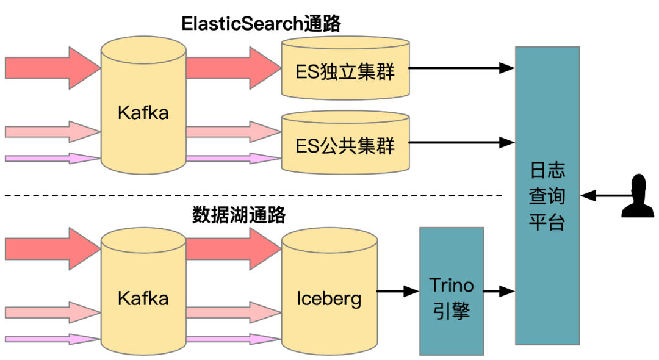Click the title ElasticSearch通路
(x=261, y=23)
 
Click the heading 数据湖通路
(x=239, y=215)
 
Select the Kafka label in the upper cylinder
(x=143, y=113)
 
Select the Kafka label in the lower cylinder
(x=143, y=298)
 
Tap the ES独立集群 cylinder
(x=345, y=72)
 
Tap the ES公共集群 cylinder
(x=345, y=146)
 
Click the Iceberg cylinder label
(x=329, y=298)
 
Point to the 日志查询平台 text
(x=547, y=195)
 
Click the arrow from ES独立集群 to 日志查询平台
(x=461, y=68)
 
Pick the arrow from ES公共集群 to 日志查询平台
(x=461, y=142)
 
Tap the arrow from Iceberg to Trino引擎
(x=398, y=292)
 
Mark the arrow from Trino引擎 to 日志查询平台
(x=499, y=292)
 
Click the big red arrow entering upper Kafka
(x=52, y=67)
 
